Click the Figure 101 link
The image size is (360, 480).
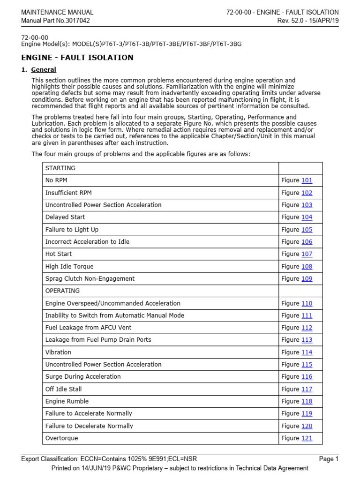(x=307, y=180)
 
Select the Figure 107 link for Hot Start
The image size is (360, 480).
(x=307, y=254)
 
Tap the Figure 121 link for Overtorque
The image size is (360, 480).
(x=307, y=438)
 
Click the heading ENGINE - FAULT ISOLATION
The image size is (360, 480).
(x=77, y=58)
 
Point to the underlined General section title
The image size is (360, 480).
(x=44, y=70)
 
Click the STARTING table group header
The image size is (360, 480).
(x=60, y=168)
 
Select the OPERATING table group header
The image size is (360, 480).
(x=62, y=291)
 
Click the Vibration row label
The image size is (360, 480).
(x=58, y=352)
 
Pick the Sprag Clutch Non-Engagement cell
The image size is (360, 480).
(x=90, y=278)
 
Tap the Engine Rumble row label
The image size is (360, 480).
(x=67, y=401)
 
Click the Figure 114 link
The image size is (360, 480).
(x=307, y=352)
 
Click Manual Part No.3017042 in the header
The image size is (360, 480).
(x=55, y=21)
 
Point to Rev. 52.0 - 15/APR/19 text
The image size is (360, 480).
(x=307, y=21)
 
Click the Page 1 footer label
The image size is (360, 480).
(x=328, y=459)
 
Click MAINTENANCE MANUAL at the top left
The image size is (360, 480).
(x=57, y=12)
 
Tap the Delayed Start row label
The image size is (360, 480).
(x=65, y=217)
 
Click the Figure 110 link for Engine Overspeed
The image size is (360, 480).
(x=307, y=303)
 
